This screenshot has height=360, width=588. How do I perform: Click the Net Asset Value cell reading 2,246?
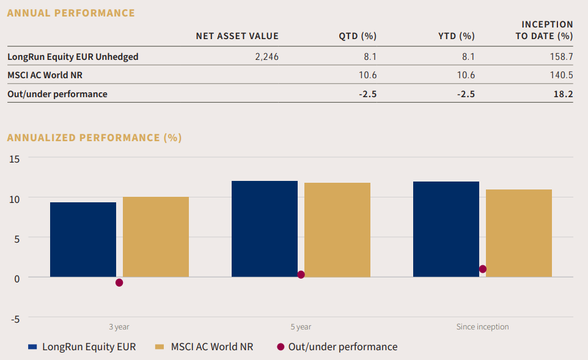click(266, 57)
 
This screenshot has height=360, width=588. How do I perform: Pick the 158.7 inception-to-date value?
click(562, 57)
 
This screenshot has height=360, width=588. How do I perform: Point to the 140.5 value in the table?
click(562, 75)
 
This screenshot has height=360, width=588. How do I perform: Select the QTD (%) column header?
click(358, 36)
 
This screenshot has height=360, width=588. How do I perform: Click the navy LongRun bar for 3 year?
click(83, 240)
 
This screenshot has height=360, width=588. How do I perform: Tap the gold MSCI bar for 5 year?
click(337, 230)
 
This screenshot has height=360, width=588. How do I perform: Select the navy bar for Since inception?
click(446, 229)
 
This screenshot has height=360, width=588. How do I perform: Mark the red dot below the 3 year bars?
click(119, 282)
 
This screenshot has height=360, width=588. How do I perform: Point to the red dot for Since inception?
click(483, 269)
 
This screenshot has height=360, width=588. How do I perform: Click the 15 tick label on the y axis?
click(14, 158)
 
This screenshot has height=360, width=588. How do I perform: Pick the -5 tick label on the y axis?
click(14, 318)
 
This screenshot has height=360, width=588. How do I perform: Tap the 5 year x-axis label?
click(301, 327)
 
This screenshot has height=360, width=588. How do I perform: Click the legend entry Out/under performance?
click(342, 347)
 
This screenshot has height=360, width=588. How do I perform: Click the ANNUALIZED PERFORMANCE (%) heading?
click(94, 138)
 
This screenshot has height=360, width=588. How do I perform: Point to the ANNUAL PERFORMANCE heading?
click(71, 13)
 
